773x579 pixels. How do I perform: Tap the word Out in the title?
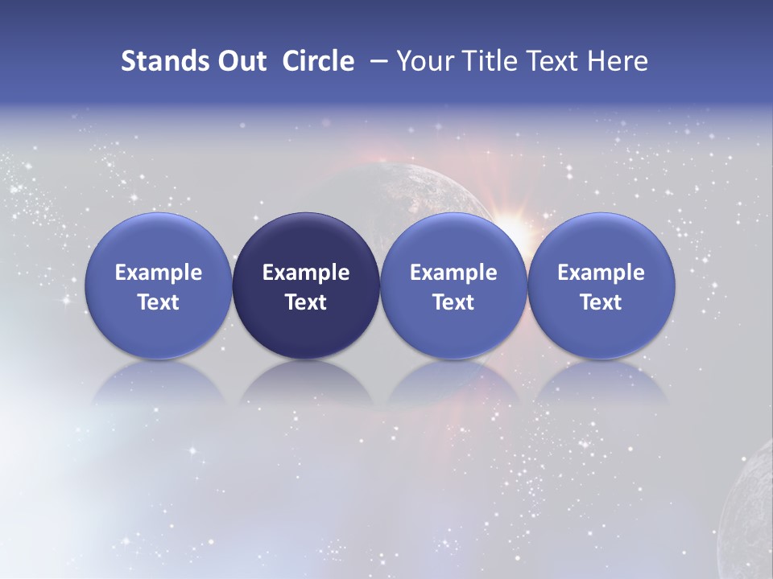point(240,61)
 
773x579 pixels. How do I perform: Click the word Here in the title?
point(617,61)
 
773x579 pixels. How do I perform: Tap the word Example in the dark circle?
point(306,273)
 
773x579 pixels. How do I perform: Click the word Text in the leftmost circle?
point(159,302)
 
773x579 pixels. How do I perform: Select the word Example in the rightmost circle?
point(601,273)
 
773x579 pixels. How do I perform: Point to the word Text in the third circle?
point(453,302)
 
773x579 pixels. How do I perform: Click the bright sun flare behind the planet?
point(515,223)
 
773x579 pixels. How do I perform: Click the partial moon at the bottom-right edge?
point(749,515)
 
